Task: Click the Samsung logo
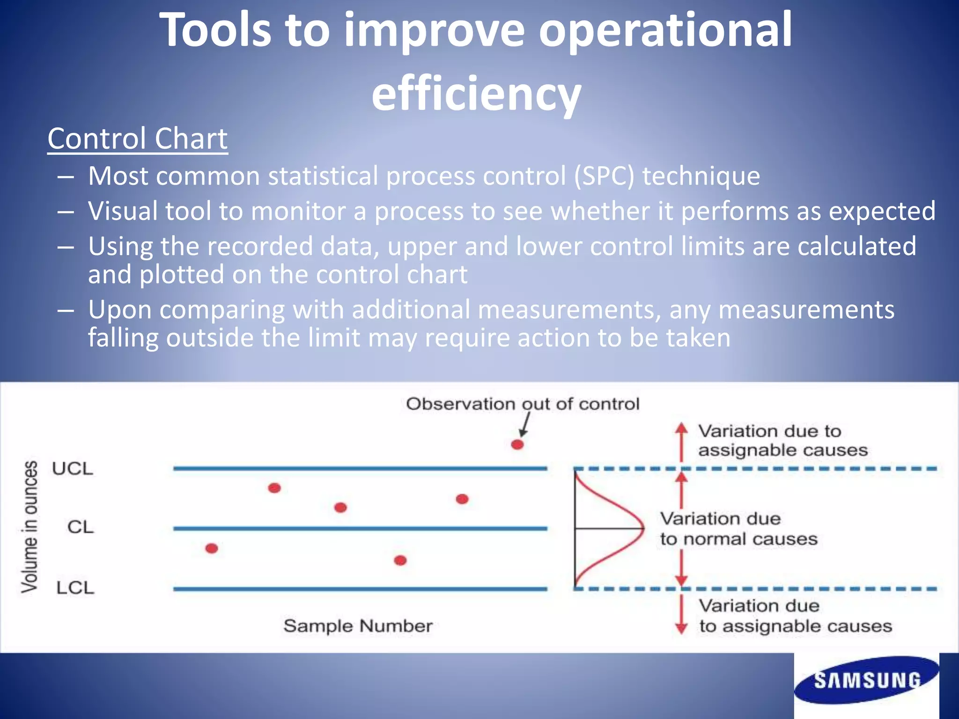click(x=866, y=680)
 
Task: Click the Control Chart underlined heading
click(x=137, y=139)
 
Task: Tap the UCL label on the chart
click(x=73, y=469)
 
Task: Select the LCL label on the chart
click(x=75, y=588)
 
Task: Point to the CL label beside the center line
click(x=81, y=527)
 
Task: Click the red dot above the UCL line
click(x=517, y=444)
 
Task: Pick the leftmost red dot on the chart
click(x=212, y=548)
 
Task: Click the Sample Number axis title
click(x=358, y=626)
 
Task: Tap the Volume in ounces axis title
click(x=30, y=527)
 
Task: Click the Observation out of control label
click(x=522, y=404)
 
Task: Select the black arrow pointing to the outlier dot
click(x=525, y=425)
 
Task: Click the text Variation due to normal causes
click(x=738, y=529)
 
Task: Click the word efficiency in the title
click(x=476, y=94)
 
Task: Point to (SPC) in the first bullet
click(x=604, y=176)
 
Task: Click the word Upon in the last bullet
click(x=120, y=310)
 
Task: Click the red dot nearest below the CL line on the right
click(x=400, y=560)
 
